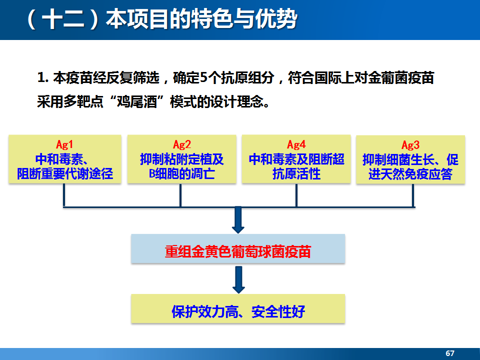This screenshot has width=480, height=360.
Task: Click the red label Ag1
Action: [x=64, y=144]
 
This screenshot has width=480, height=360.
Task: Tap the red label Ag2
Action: [x=182, y=144]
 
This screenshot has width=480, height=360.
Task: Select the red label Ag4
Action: [x=296, y=144]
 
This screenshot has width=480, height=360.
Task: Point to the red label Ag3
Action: [x=410, y=145]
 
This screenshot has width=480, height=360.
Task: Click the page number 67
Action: [x=450, y=353]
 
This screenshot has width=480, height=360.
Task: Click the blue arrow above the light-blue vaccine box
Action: [x=238, y=220]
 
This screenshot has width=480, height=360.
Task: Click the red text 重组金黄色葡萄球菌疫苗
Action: [x=238, y=251]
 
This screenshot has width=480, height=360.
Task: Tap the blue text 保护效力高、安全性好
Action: [x=238, y=311]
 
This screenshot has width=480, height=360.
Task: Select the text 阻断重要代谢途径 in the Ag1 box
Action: [x=65, y=174]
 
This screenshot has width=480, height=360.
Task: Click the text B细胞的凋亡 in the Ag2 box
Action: [x=182, y=174]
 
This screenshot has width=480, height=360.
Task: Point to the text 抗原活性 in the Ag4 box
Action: [x=296, y=174]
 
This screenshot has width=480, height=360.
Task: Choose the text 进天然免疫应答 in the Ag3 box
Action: [x=410, y=174]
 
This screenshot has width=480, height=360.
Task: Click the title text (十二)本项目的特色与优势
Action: [x=162, y=19]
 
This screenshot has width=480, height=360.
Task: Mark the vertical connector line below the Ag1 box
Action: [x=64, y=195]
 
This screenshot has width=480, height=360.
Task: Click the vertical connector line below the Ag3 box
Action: [x=413, y=196]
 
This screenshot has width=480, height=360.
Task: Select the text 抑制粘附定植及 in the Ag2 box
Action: [x=182, y=159]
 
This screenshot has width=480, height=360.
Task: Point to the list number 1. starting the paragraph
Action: [x=43, y=78]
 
